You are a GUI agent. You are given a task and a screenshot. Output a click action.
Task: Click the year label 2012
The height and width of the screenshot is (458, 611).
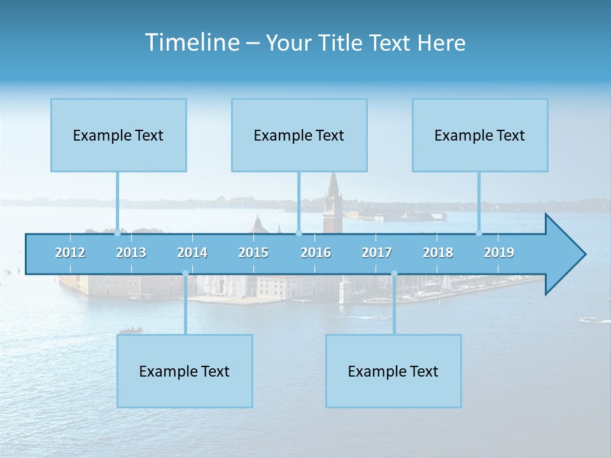click(70, 253)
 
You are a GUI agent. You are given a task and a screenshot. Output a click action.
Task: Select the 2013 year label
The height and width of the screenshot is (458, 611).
click(131, 253)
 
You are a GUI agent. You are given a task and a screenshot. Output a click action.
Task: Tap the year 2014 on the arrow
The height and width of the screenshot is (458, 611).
click(192, 253)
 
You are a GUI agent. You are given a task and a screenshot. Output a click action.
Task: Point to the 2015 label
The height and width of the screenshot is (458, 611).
click(253, 253)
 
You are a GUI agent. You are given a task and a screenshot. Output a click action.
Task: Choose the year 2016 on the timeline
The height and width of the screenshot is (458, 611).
click(316, 253)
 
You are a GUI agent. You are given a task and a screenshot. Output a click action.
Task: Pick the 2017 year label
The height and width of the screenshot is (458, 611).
click(377, 253)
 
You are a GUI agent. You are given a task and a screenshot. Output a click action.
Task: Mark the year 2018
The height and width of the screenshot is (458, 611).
click(438, 253)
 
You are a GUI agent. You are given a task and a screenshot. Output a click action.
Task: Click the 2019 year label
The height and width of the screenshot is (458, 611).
click(499, 253)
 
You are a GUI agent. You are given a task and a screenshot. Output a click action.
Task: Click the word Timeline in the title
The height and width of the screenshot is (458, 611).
click(191, 43)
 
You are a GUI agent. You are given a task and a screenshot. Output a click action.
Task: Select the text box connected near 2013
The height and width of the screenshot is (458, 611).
click(118, 135)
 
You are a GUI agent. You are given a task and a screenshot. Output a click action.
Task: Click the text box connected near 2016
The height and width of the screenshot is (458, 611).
click(299, 135)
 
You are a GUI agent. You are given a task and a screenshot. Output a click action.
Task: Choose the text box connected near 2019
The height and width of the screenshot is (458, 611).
click(480, 135)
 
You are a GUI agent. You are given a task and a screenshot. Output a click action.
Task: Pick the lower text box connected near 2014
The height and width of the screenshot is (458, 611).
click(185, 371)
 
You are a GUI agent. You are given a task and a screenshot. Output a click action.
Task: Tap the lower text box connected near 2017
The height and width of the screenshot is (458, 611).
click(393, 371)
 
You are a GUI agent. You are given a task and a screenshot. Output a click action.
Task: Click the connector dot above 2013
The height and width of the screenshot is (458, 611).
click(118, 233)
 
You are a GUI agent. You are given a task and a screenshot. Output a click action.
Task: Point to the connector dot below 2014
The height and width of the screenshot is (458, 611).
click(185, 274)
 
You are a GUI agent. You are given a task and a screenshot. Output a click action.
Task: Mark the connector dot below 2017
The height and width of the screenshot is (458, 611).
click(394, 274)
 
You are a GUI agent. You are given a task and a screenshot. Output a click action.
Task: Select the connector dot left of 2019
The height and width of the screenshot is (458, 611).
click(479, 233)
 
